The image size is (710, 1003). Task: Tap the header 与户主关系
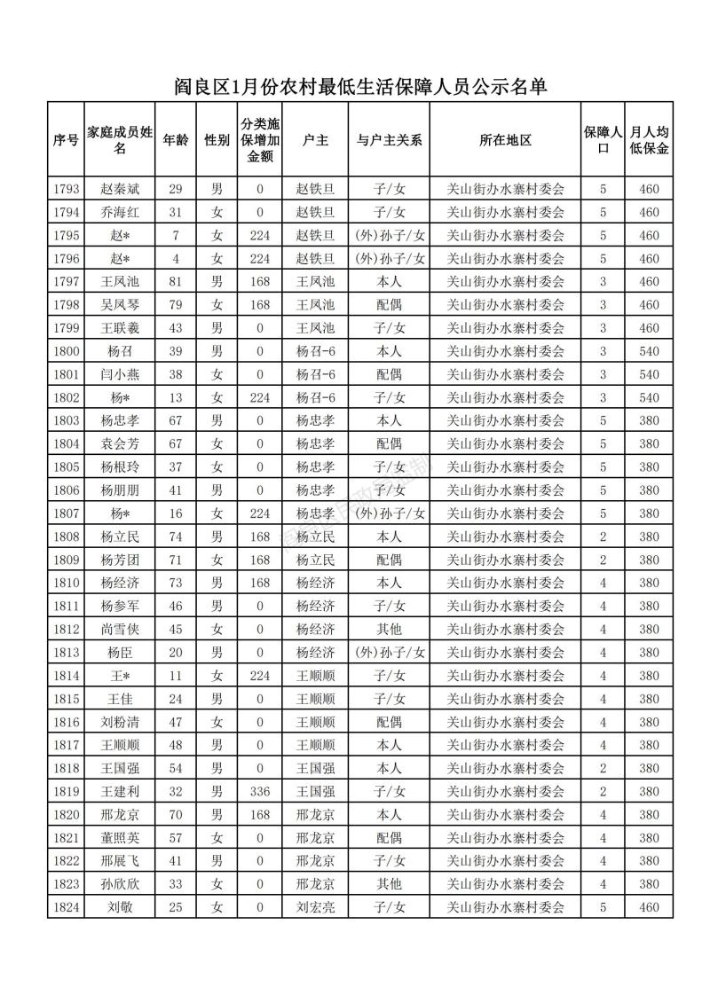(389, 140)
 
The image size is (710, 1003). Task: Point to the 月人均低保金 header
(649, 140)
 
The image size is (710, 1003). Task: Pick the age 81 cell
(176, 282)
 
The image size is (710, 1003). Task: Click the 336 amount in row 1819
(260, 791)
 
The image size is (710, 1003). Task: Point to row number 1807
(67, 513)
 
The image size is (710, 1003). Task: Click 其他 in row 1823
(389, 884)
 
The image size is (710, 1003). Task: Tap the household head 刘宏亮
(315, 907)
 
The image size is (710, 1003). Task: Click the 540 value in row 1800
(649, 351)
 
